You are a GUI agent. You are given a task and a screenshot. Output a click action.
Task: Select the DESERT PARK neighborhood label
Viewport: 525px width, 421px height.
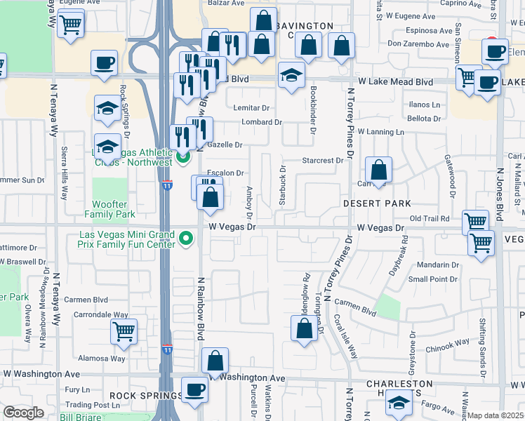point(376,203)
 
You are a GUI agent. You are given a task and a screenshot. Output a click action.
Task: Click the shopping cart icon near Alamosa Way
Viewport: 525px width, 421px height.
point(124,331)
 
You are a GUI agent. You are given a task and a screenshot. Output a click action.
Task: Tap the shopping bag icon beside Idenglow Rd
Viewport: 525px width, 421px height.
point(304,330)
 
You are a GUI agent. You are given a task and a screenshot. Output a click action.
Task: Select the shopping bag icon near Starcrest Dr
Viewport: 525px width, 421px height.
point(378,171)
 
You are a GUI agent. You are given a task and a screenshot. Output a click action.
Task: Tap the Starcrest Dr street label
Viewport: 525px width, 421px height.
point(322,161)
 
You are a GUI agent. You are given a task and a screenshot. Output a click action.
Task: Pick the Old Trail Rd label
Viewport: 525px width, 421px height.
point(430,219)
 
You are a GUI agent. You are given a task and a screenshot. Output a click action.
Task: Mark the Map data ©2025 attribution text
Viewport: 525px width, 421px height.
point(496,415)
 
